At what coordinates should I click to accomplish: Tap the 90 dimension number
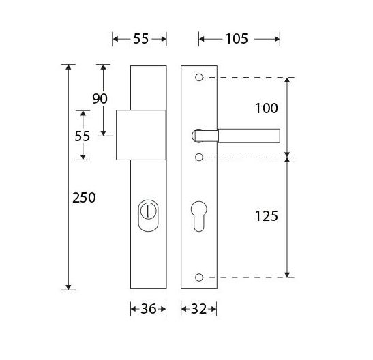pyautogui.click(x=100, y=99)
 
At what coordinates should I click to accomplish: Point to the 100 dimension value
pyautogui.click(x=266, y=108)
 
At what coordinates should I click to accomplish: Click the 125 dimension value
pyautogui.click(x=265, y=216)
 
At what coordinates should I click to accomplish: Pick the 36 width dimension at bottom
pyautogui.click(x=148, y=310)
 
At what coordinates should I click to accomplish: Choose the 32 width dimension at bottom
pyautogui.click(x=198, y=310)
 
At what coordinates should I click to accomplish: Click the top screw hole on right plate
pyautogui.click(x=198, y=78)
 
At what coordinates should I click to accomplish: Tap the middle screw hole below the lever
pyautogui.click(x=198, y=157)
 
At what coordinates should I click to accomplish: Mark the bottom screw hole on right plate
pyautogui.click(x=198, y=277)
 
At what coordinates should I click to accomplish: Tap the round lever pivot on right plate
pyautogui.click(x=198, y=135)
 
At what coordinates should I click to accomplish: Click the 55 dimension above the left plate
pyautogui.click(x=140, y=39)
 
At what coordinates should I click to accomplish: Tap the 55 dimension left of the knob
pyautogui.click(x=83, y=136)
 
